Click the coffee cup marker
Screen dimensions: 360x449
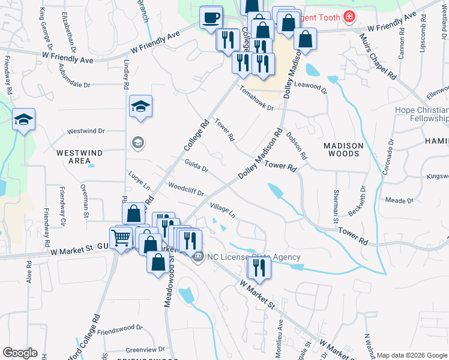pos(211,18)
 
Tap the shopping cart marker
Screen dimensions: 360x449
pos(121,239)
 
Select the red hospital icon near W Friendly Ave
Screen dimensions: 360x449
pos(349,16)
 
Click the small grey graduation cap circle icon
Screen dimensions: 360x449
pos(138,142)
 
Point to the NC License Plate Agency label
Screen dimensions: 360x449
pos(253,257)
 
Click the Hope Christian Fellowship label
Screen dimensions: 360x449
pos(421,114)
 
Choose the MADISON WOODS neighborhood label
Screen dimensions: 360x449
pos(343,149)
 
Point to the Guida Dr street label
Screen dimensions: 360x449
pos(196,166)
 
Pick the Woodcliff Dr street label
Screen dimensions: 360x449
pos(187,189)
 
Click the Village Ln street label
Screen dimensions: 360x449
pos(223,209)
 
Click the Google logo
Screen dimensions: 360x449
pos(20,353)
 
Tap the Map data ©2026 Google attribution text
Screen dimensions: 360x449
pos(411,355)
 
